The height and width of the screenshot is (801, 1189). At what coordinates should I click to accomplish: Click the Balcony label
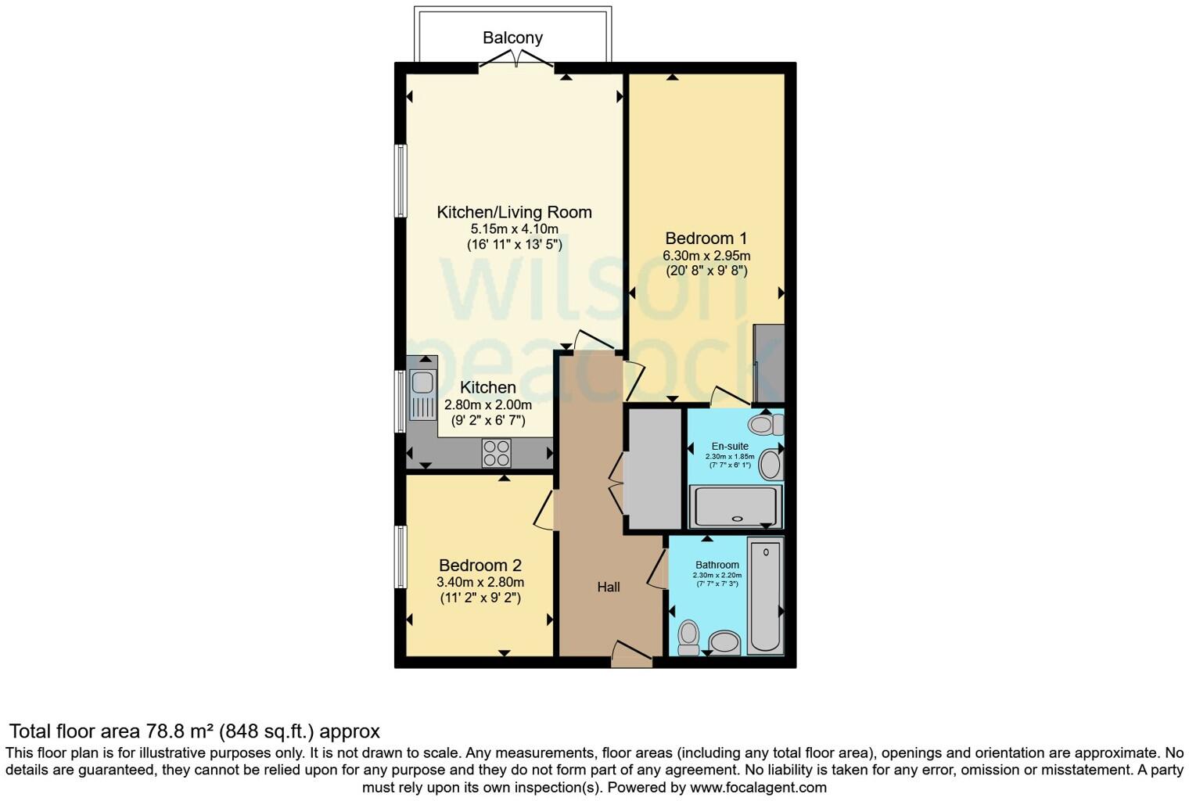pyautogui.click(x=512, y=38)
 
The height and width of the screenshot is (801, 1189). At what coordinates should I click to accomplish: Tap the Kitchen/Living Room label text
pyautogui.click(x=514, y=212)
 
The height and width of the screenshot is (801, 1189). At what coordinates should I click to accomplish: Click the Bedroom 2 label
pyautogui.click(x=480, y=566)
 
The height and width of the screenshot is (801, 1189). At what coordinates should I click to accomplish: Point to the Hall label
pyautogui.click(x=609, y=587)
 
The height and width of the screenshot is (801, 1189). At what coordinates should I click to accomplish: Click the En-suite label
pyautogui.click(x=729, y=447)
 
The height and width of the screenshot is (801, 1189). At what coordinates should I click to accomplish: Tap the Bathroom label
pyautogui.click(x=717, y=565)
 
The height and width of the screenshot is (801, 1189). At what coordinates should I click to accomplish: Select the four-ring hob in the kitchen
pyautogui.click(x=496, y=453)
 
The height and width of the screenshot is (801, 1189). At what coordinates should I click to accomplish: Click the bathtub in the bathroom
pyautogui.click(x=765, y=594)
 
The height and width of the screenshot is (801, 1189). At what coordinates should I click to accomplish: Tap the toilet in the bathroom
pyautogui.click(x=688, y=637)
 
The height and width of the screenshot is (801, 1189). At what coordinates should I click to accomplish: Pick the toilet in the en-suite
pyautogui.click(x=764, y=425)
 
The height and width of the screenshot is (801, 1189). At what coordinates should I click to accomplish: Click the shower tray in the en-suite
pyautogui.click(x=735, y=506)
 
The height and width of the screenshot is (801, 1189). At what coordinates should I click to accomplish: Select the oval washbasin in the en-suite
pyautogui.click(x=770, y=465)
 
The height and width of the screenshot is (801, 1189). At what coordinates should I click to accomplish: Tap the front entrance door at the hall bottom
pyautogui.click(x=632, y=656)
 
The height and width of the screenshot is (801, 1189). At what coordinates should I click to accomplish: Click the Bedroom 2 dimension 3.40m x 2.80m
pyautogui.click(x=480, y=582)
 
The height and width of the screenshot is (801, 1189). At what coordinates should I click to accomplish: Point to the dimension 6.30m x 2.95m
pyautogui.click(x=706, y=256)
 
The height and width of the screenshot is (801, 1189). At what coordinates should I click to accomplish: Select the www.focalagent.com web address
pyautogui.click(x=757, y=787)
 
